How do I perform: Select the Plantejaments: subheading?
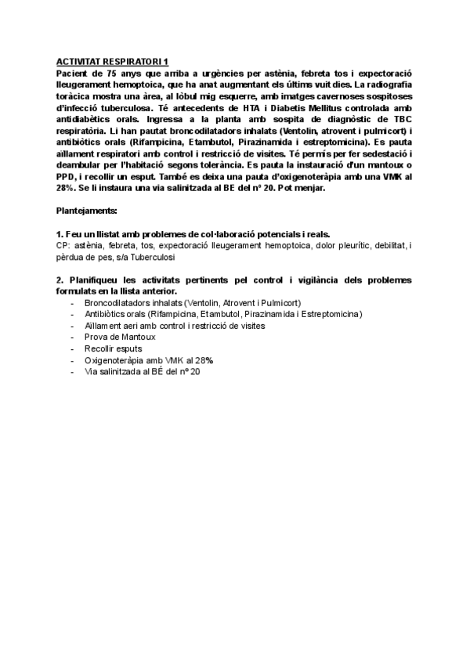(87, 211)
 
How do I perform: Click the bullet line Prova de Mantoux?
(119, 337)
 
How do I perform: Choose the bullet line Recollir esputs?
(114, 348)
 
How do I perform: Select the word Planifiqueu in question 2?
(95, 280)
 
